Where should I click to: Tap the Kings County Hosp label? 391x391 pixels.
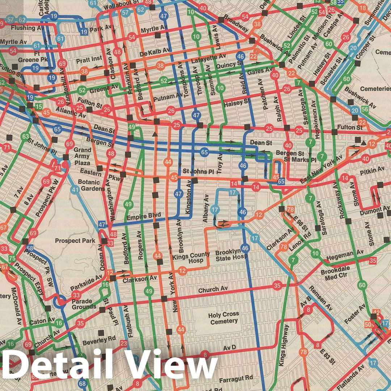point(191,258)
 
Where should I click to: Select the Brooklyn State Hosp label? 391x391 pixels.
point(231,255)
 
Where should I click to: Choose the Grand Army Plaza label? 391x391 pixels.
point(82,156)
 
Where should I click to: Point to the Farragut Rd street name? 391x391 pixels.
point(236,377)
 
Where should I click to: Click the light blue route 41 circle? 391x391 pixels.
point(75,189)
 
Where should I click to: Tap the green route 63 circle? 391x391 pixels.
point(25,137)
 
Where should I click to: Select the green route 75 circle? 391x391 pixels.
point(12,258)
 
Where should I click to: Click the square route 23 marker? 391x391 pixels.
point(124,343)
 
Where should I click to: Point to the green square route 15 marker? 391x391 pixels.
point(38,107)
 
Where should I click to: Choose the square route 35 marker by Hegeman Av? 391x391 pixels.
point(373,260)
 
